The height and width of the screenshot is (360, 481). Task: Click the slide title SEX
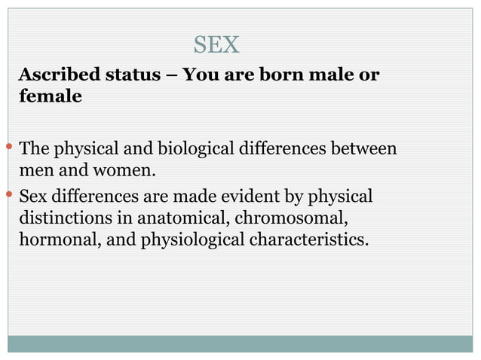pos(216,45)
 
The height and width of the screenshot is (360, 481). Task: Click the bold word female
pos(50,97)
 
